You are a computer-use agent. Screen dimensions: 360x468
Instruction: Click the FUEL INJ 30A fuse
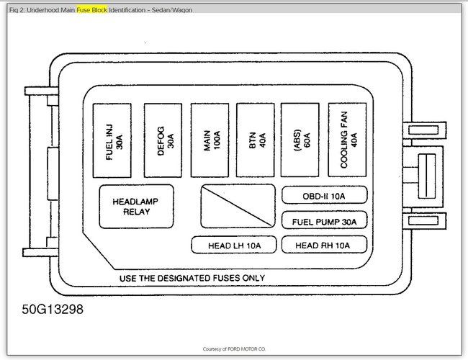tap(113, 140)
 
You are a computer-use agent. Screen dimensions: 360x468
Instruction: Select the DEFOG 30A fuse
tap(163, 140)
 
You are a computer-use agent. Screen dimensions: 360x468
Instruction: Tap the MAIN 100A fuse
tap(209, 140)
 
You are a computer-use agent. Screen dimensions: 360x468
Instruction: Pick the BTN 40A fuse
tap(256, 140)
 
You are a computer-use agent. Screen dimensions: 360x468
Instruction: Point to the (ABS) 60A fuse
tap(300, 140)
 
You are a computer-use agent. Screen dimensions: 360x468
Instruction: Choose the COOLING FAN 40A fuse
tap(348, 140)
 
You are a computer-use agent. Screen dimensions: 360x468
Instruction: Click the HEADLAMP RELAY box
tap(130, 207)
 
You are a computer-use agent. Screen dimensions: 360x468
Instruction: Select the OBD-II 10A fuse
tap(324, 195)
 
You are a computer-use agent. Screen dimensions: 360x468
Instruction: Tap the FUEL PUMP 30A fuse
tap(324, 220)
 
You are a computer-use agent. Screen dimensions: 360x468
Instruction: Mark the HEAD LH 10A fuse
tap(233, 246)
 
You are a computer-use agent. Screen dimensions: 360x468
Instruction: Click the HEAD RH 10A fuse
tap(324, 246)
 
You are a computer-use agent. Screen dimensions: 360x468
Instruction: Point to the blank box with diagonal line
tap(238, 207)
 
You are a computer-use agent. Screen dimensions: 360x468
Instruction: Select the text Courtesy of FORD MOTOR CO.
tap(234, 348)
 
